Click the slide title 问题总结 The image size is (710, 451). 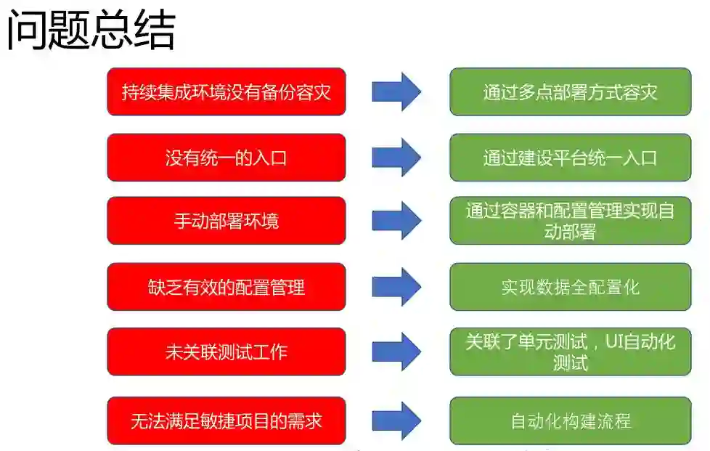click(91, 31)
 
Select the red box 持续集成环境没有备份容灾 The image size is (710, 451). click(226, 92)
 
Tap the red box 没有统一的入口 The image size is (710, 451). click(226, 158)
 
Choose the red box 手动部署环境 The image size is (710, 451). click(226, 221)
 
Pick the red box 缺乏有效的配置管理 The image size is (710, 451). click(226, 287)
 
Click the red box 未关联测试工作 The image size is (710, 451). click(226, 352)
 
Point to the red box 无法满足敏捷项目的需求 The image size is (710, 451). click(226, 420)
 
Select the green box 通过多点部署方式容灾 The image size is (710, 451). click(570, 92)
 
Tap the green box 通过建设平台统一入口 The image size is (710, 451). click(570, 158)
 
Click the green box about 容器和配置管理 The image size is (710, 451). click(570, 221)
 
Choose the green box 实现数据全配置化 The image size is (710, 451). click(570, 287)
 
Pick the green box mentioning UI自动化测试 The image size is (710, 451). click(570, 352)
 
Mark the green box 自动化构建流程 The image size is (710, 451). click(570, 420)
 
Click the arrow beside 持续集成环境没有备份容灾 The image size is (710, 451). click(396, 92)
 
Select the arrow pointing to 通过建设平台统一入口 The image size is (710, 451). click(396, 158)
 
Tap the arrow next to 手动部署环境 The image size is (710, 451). click(396, 221)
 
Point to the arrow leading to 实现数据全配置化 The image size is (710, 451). click(396, 287)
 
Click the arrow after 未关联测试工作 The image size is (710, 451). click(396, 352)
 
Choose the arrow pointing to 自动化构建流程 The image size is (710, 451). click(396, 420)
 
